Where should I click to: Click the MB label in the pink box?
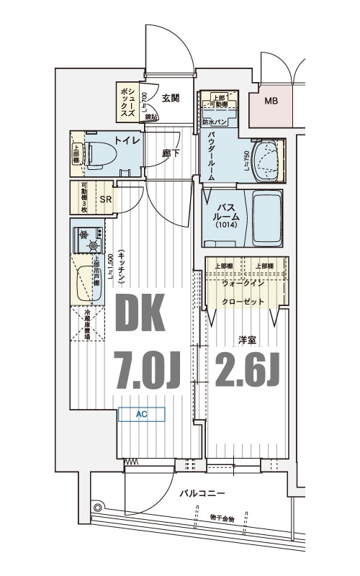(x=271, y=101)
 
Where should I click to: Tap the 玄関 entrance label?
(x=171, y=99)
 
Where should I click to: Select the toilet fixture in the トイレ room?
(x=97, y=153)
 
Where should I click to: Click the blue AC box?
(x=142, y=414)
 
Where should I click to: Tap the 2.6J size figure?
(x=247, y=370)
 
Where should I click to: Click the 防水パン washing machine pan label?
(x=217, y=123)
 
